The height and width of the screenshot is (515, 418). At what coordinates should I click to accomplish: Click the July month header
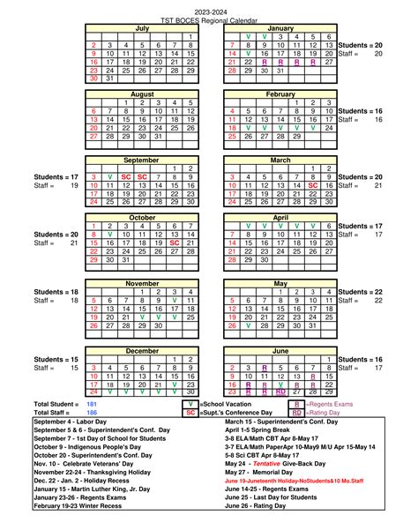pos(142,28)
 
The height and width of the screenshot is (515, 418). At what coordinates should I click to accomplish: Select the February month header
pos(280,93)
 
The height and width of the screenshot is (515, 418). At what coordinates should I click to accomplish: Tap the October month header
pos(142,217)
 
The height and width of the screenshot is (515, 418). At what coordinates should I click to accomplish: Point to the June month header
pos(280,351)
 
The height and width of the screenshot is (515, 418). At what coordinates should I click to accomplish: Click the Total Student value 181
pos(92,403)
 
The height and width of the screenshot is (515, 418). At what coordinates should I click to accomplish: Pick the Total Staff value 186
pos(92,412)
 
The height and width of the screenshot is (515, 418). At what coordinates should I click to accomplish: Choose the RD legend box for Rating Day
pos(297,412)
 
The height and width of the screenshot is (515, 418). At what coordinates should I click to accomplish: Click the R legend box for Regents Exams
pos(297,403)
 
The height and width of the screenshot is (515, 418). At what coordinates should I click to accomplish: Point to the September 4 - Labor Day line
pos(78,422)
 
